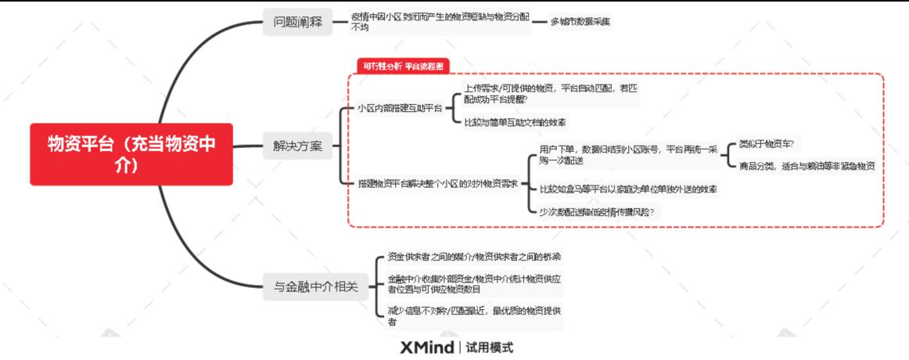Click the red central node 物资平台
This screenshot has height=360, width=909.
point(131,155)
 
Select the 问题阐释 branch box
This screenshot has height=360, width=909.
point(296,22)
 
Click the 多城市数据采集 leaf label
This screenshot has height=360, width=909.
point(580,22)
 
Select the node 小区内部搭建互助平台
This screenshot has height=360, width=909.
point(399,108)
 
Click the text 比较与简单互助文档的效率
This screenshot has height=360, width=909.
point(515,123)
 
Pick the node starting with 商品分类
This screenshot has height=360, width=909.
point(806,166)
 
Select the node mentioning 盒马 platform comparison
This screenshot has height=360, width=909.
point(628,189)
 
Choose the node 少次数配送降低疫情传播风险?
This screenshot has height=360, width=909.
point(597,211)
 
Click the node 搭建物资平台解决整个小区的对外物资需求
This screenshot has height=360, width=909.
point(437,183)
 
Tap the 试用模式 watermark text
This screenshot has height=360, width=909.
point(489,347)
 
